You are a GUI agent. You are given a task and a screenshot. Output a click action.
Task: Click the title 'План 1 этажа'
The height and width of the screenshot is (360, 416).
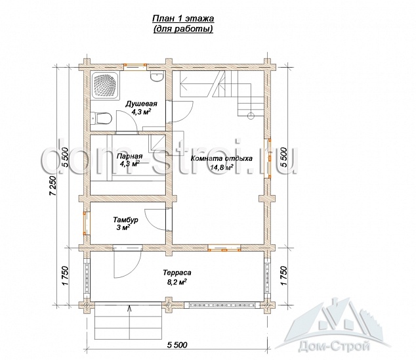[x=183, y=19]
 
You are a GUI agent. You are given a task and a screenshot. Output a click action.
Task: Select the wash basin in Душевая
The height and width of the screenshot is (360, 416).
[x=157, y=76]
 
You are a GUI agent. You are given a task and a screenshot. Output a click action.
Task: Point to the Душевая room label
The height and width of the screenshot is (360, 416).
[x=142, y=104]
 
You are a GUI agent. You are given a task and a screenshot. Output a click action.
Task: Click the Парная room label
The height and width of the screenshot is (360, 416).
[x=130, y=156]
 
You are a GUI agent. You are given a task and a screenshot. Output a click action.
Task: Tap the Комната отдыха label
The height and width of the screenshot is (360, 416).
[x=222, y=159]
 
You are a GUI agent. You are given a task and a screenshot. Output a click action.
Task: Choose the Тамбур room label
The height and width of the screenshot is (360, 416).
[x=126, y=220]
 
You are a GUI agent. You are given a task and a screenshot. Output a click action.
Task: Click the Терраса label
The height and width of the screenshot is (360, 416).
[x=177, y=273]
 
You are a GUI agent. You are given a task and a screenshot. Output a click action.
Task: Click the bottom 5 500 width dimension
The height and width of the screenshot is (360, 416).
[x=177, y=345]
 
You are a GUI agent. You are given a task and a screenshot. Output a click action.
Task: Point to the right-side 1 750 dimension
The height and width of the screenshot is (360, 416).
[x=283, y=276]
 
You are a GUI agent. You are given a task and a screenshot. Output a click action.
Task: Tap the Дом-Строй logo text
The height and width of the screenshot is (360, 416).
[x=334, y=346]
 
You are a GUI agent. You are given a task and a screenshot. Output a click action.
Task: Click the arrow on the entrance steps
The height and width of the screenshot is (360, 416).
[x=129, y=322]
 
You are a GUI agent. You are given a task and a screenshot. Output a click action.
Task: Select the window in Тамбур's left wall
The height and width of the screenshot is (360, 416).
[x=85, y=223]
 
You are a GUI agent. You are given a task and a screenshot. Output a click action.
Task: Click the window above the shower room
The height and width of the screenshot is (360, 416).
[x=135, y=67]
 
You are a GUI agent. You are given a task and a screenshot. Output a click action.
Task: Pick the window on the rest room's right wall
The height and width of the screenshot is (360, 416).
[x=269, y=158]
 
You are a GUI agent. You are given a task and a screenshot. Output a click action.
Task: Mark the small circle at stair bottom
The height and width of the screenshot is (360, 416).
[x=251, y=116]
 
